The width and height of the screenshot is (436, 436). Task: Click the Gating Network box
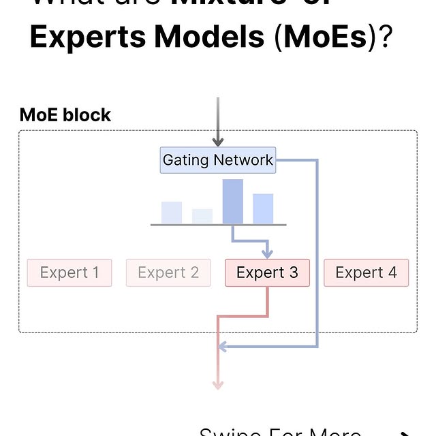218,161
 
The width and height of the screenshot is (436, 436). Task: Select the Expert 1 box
69,273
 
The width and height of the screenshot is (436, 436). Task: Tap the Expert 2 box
168,273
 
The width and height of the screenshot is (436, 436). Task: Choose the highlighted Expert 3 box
267,273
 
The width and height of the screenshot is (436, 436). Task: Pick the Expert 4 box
366,273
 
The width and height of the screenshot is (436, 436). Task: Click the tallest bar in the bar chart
232,202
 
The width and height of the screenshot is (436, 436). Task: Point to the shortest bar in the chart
202,216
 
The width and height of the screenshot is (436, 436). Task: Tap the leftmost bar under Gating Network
172,213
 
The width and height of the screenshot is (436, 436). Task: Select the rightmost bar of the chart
263,208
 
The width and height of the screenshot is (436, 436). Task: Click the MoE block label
65,115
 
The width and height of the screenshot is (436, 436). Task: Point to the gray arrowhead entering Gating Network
218,142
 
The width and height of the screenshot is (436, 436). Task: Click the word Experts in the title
88,37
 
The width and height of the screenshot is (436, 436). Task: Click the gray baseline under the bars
218,225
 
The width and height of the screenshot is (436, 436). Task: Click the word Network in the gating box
243,161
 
